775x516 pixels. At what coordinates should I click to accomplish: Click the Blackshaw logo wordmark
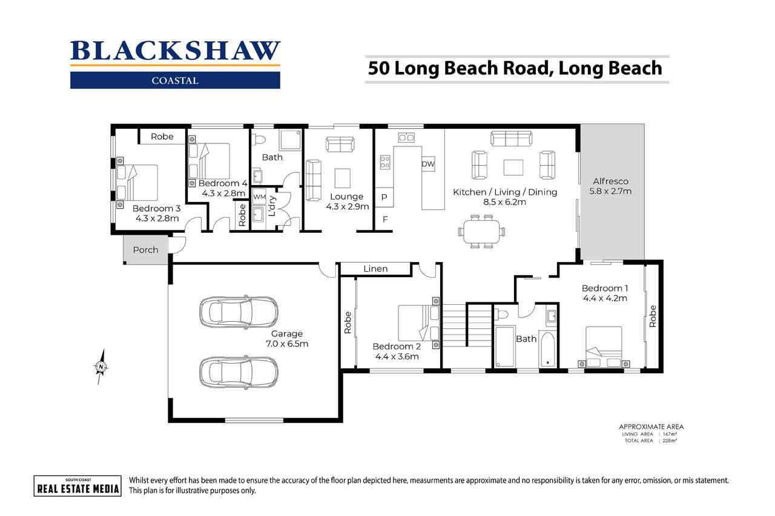(x=175, y=51)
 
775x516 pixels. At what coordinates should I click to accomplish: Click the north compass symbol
(x=101, y=366)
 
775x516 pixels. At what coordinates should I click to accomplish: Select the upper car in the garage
(x=239, y=312)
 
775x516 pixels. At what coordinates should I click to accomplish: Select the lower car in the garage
(x=239, y=372)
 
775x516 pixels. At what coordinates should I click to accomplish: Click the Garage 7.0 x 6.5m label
(x=286, y=339)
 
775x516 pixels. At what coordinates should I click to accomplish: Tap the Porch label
(x=145, y=250)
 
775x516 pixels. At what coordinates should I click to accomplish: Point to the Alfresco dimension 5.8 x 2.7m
(x=610, y=191)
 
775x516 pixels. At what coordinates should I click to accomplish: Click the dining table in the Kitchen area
(x=482, y=231)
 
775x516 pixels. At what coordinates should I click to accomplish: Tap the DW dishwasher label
(x=429, y=164)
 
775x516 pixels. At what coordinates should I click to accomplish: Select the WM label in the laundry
(x=259, y=197)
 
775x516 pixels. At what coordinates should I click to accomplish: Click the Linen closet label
(x=375, y=269)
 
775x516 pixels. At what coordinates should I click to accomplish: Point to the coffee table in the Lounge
(x=343, y=178)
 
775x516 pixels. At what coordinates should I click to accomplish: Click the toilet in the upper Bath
(x=260, y=140)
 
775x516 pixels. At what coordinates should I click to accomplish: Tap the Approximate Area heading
(x=651, y=426)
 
